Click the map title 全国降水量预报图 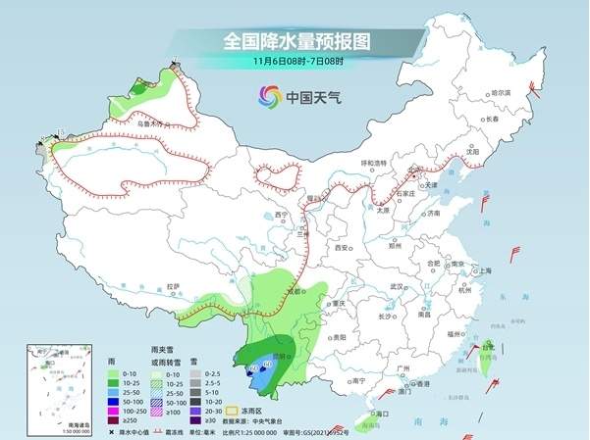click(x=295, y=41)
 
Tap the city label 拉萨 click(x=173, y=286)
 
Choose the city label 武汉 click(x=397, y=286)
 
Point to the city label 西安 click(x=343, y=249)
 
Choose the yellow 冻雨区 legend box click(x=233, y=411)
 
